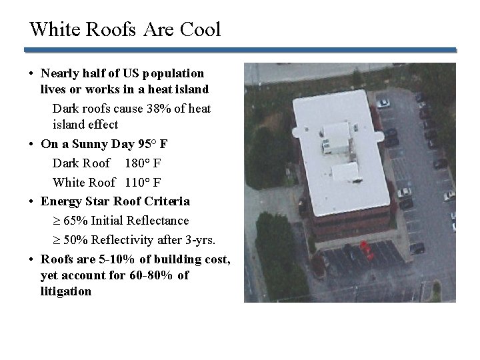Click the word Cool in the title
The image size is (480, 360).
tap(201, 30)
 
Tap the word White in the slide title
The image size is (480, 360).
tap(51, 30)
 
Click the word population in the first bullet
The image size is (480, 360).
tap(171, 72)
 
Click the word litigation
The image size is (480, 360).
tap(66, 291)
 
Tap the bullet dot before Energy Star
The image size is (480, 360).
tap(32, 201)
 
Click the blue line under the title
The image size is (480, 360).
tap(240, 49)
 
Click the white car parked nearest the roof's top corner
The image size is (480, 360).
tap(383, 103)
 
